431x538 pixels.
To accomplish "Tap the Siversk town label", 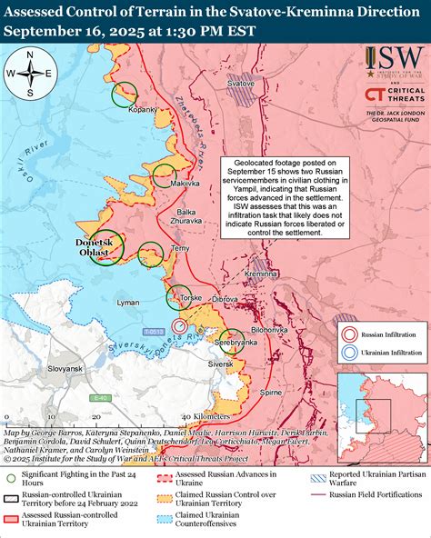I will tap(222, 364).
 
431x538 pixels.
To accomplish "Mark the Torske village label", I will tap(191, 298).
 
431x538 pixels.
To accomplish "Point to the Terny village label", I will tap(179, 247).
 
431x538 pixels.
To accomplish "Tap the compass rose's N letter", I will tap(29, 55).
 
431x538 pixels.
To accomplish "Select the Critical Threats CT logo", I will tap(374, 95).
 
